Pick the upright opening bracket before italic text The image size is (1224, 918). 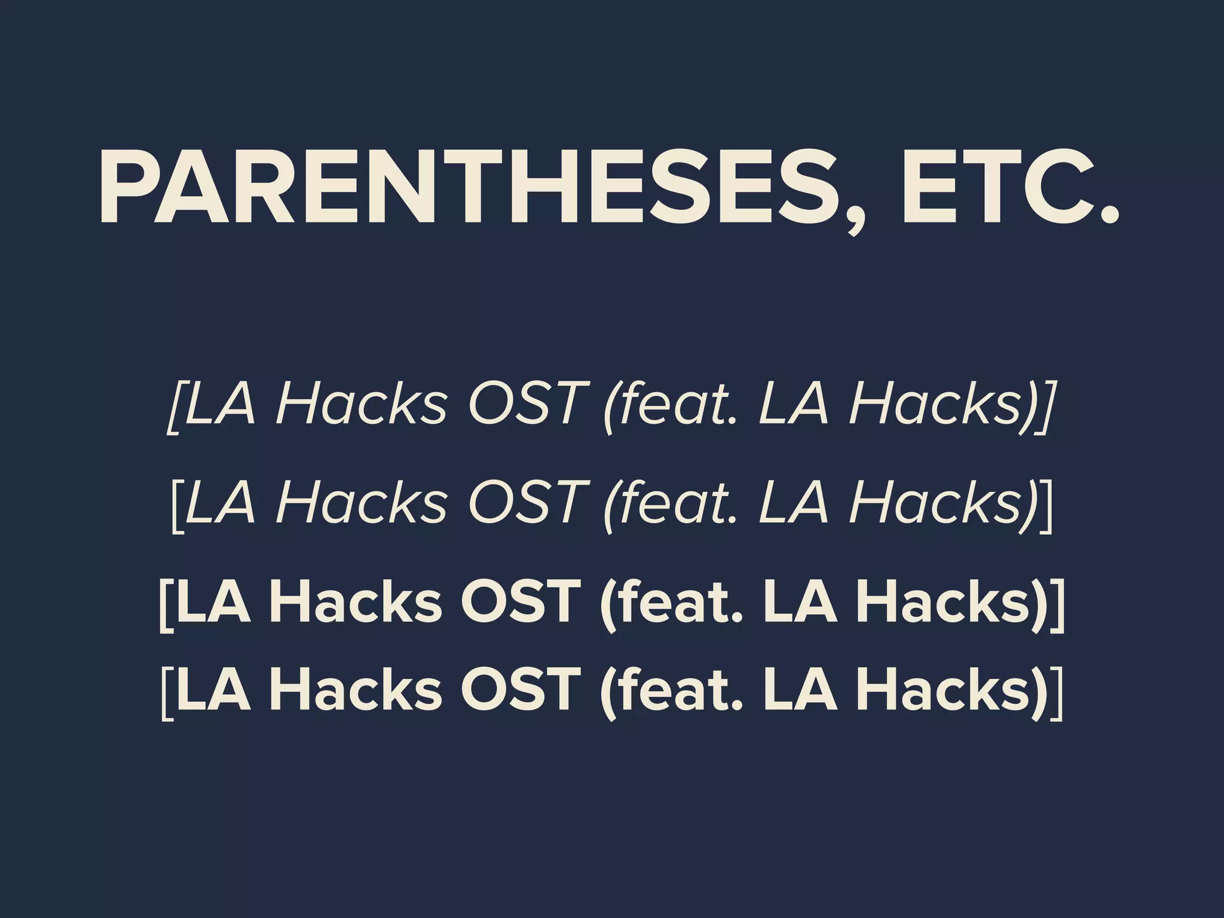coord(177,505)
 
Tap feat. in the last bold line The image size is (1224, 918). coord(672,690)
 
